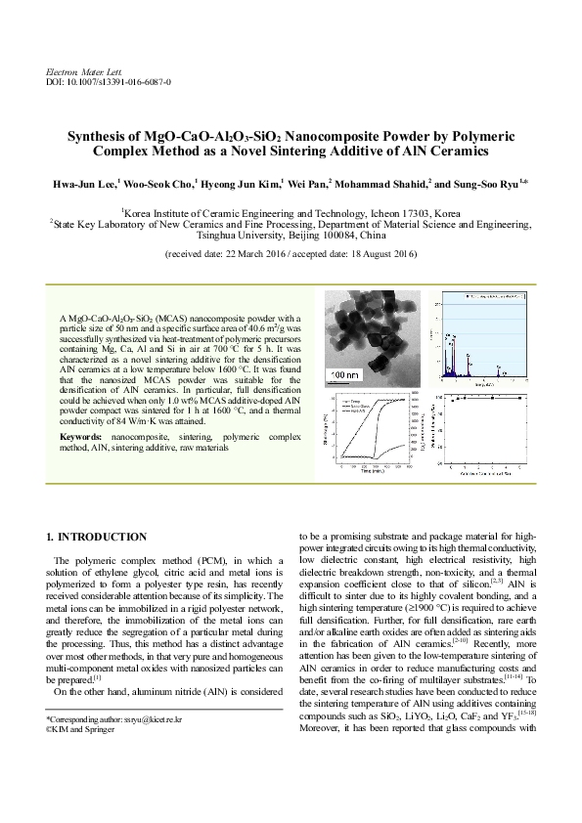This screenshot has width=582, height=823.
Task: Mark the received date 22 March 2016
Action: [x=257, y=253]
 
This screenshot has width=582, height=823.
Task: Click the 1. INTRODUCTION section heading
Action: [x=97, y=537]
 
